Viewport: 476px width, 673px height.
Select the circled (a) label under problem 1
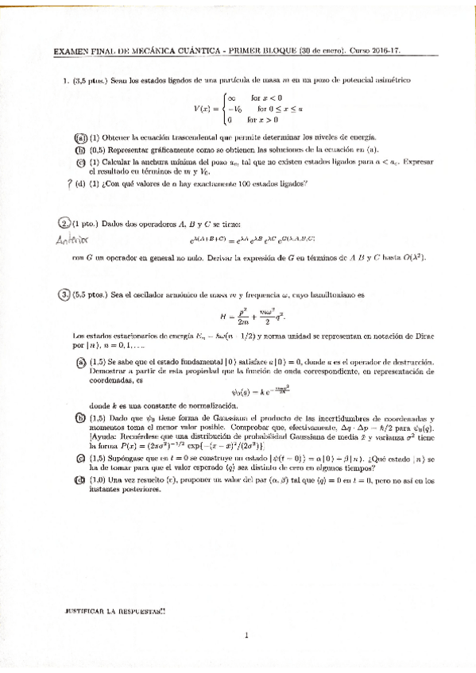(x=79, y=137)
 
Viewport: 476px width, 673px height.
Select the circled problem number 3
(x=64, y=295)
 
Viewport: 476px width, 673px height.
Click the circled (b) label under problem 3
(x=79, y=417)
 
